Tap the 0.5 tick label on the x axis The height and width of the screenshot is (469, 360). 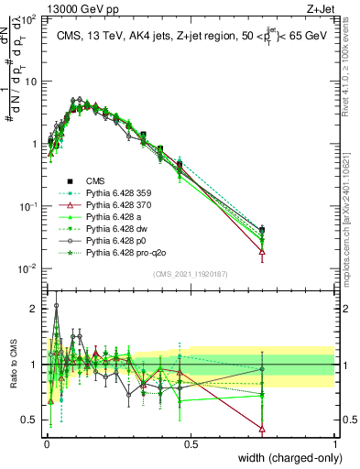(191, 443)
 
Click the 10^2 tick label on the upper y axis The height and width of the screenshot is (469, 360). (27, 18)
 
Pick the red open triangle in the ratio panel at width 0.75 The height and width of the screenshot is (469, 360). (263, 429)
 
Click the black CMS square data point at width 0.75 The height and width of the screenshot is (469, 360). (263, 230)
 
